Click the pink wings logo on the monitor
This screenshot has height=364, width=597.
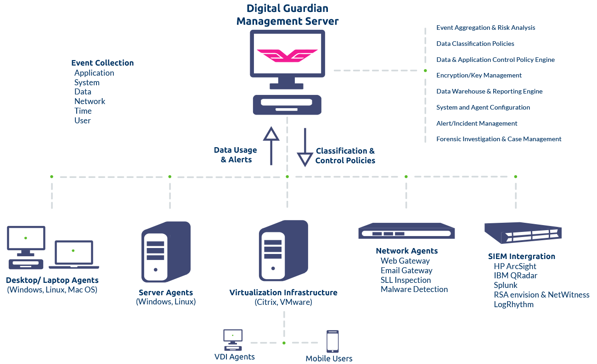tap(287, 55)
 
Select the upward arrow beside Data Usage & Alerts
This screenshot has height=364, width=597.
tap(271, 146)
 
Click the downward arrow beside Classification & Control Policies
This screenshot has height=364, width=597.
tap(305, 147)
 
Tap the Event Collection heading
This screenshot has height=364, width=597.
tap(102, 63)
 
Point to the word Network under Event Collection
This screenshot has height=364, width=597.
tap(90, 101)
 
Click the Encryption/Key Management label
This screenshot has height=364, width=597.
tap(479, 75)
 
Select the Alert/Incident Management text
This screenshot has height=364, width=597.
tap(477, 123)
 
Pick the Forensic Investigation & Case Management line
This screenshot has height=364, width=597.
tap(499, 139)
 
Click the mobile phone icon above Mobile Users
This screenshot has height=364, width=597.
tap(332, 342)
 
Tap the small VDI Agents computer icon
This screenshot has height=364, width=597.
tap(233, 340)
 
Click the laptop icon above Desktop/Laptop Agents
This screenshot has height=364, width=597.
tap(74, 254)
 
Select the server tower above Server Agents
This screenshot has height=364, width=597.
tap(166, 252)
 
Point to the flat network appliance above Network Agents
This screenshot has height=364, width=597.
tap(406, 231)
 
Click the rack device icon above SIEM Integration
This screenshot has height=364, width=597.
tap(523, 233)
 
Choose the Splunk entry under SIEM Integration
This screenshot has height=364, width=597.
tap(505, 285)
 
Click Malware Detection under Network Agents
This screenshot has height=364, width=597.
tap(414, 289)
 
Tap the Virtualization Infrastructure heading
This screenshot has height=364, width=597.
tap(283, 292)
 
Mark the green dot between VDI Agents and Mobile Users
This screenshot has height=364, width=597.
tap(284, 343)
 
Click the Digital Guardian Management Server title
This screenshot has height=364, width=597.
tap(287, 15)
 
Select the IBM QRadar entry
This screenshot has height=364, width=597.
tap(515, 276)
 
